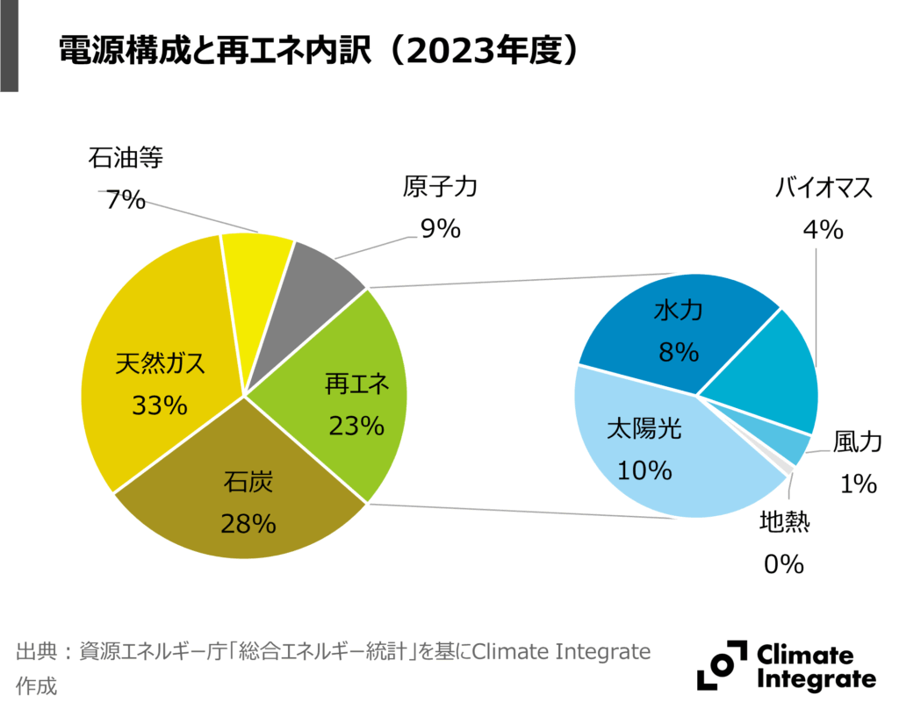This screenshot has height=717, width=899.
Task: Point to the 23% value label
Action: tap(356, 426)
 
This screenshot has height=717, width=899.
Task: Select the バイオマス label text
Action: tap(823, 187)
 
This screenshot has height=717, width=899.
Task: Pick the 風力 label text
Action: tap(856, 443)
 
